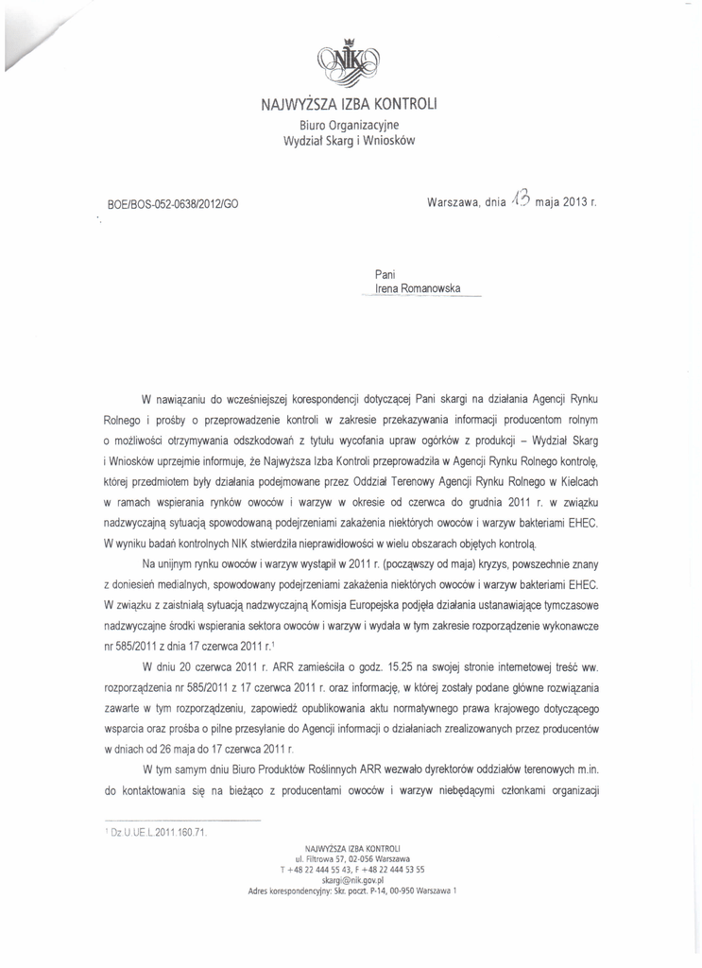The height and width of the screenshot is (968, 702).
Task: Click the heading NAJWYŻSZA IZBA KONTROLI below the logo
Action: pos(350,103)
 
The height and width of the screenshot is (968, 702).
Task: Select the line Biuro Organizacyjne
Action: pos(349,123)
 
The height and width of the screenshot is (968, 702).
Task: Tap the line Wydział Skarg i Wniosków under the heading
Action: pos(349,141)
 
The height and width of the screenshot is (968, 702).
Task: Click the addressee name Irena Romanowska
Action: pos(419,290)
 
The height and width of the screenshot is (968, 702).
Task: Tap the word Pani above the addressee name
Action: pos(385,274)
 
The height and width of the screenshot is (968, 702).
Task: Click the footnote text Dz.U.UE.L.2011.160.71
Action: pos(159,833)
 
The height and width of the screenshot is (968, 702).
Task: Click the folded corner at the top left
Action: pos(24,38)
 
